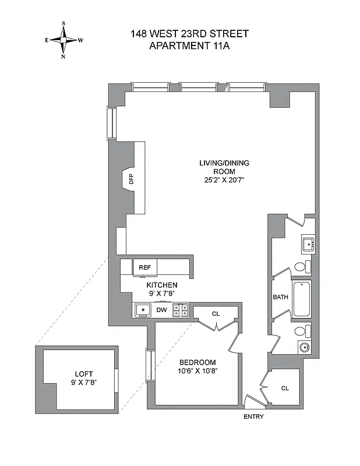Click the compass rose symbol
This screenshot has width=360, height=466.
coord(63,40)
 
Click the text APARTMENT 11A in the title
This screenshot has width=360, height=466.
coord(189,45)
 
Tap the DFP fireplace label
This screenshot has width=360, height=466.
coord(131,179)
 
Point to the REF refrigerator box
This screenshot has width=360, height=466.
coord(144,267)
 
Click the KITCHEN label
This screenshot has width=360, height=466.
coord(161,285)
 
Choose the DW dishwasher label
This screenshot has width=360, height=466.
coord(161,310)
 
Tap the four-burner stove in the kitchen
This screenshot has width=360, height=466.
coord(181,310)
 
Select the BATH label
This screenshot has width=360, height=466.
coord(281,297)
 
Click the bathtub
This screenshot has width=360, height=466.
coord(302,299)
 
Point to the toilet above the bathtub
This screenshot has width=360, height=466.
coord(301,267)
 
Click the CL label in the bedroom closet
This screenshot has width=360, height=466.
coord(216,314)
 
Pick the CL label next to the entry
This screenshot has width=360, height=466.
coord(285,388)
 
